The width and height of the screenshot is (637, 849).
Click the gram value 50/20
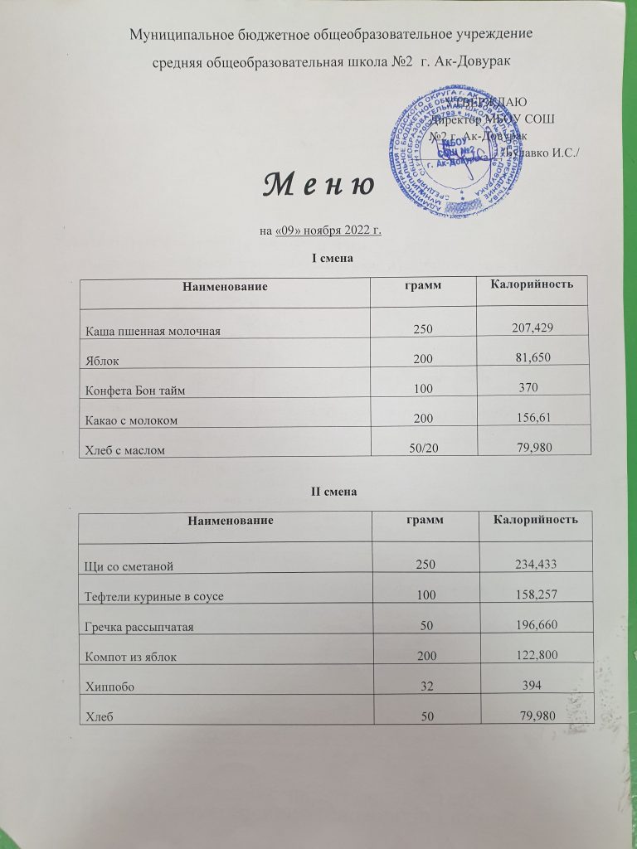(x=425, y=449)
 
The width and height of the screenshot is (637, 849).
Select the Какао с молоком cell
(x=132, y=420)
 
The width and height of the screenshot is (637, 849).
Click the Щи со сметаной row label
(x=129, y=566)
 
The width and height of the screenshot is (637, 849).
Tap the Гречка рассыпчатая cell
(x=140, y=627)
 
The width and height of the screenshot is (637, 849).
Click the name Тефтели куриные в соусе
(x=154, y=597)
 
